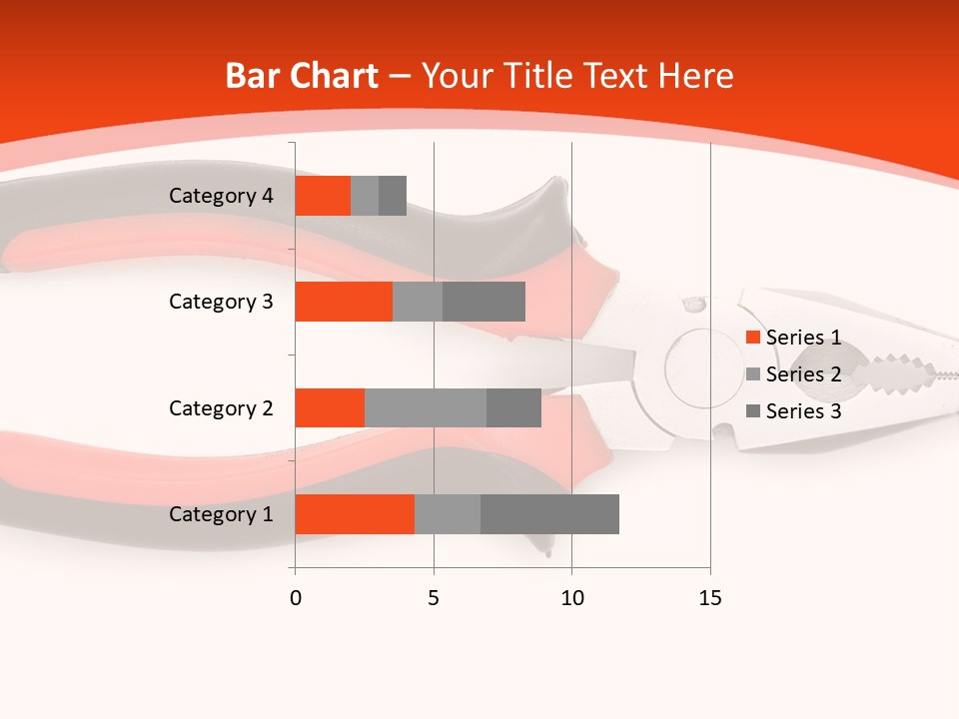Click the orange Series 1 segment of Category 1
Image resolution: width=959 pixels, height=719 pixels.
pos(355,514)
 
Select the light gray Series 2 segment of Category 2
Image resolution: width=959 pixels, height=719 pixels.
pos(426,407)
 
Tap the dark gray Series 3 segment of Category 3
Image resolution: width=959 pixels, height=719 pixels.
pos(483,302)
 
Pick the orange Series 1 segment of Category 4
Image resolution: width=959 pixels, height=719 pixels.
pos(323,196)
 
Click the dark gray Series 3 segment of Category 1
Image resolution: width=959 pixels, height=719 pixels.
pos(549,514)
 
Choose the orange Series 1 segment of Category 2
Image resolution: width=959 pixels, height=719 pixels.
pos(330,407)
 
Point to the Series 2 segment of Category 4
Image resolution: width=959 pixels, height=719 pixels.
pos(365,196)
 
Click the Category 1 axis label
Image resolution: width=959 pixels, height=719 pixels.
pos(221,514)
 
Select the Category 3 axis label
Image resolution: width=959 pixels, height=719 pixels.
pos(221,302)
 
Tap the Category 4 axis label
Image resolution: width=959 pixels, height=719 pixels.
pos(221,196)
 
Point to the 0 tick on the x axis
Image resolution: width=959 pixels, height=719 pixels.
pos(295,598)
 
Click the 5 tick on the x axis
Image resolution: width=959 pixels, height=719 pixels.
pos(434,598)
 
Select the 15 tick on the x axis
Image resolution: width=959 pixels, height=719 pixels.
pos(709,598)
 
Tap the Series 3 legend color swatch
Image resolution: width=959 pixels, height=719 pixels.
pos(753,411)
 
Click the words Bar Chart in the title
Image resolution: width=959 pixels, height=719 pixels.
pos(302,76)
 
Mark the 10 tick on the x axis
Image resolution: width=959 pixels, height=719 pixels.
pos(571,598)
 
